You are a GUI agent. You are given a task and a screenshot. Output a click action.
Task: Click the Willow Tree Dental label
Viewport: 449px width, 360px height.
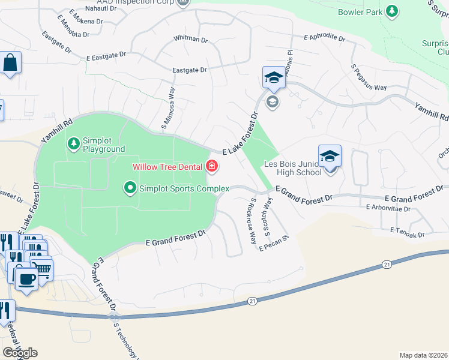click(167, 166)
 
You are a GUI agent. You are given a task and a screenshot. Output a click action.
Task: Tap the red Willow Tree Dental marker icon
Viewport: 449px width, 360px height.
click(212, 166)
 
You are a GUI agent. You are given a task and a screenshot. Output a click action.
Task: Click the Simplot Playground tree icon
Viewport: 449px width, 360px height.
click(73, 143)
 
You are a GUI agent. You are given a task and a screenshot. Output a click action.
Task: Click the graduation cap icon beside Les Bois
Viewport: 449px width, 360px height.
click(330, 157)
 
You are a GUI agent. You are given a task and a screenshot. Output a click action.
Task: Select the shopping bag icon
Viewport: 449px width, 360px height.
click(10, 63)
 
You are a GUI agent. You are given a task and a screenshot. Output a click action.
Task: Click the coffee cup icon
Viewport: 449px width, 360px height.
click(26, 279)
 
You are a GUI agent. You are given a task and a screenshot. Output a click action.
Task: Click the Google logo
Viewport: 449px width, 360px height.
click(20, 353)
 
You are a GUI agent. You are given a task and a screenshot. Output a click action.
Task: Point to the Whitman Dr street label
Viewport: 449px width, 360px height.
click(190, 40)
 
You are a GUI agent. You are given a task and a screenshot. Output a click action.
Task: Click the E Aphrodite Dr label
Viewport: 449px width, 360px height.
click(324, 38)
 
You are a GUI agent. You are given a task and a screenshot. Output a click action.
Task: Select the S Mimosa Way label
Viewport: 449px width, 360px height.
click(168, 108)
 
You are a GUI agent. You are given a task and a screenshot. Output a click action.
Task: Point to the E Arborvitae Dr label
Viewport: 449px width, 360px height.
click(388, 209)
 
